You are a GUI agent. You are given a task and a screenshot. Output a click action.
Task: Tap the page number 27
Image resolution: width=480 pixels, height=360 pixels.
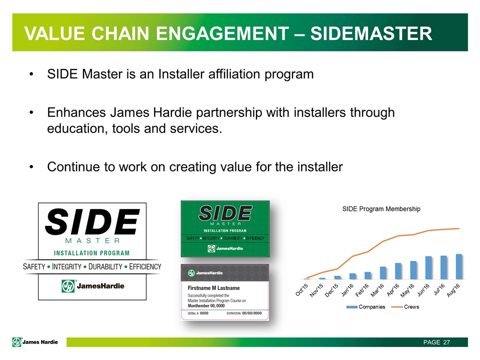tap(446, 342)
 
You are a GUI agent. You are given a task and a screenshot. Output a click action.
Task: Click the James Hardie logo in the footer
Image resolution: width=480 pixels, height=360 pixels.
tap(35, 342)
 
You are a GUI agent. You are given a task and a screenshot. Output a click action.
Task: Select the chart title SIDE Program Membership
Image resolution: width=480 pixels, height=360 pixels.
tap(381, 209)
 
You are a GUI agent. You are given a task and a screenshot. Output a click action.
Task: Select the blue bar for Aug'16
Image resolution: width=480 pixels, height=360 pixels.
tap(458, 266)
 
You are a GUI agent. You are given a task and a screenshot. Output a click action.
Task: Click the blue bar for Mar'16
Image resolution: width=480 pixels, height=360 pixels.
tap(383, 272)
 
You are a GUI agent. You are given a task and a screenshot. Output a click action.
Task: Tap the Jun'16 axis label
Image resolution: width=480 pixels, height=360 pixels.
tap(422, 289)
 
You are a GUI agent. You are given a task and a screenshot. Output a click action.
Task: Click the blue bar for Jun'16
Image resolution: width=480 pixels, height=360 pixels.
tap(428, 267)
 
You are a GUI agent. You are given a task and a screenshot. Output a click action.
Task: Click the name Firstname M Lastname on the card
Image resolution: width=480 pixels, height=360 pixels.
tap(213, 288)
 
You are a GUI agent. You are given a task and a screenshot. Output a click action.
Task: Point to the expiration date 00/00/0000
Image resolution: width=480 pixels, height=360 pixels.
tap(252, 313)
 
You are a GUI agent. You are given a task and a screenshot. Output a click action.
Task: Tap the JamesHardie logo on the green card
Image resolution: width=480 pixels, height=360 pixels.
tap(225, 248)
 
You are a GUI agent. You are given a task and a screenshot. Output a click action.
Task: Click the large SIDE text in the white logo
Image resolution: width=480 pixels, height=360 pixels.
tap(92, 222)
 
